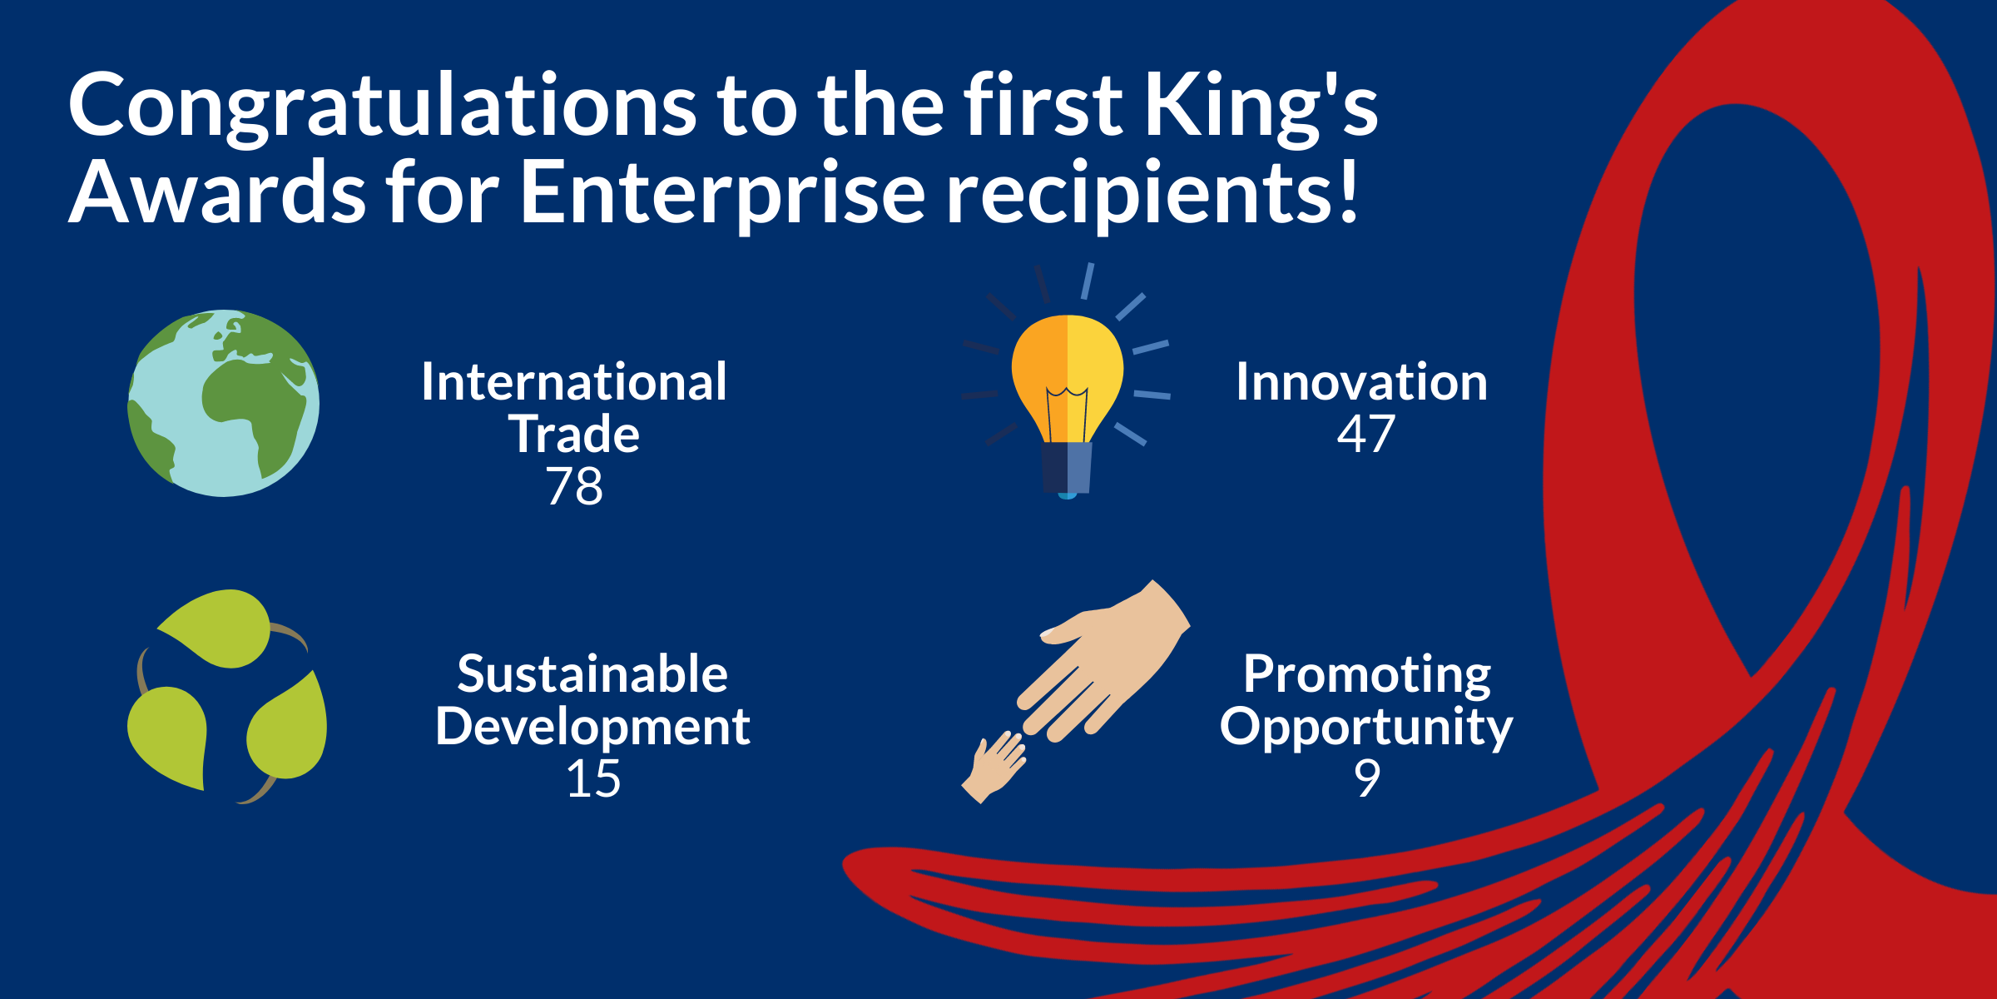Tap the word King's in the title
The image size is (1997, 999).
[1261, 107]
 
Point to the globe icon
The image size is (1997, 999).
[223, 403]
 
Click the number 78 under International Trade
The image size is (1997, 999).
[574, 486]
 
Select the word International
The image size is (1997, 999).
[574, 382]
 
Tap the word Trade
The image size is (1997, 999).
[574, 435]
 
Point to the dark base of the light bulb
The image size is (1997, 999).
[1067, 468]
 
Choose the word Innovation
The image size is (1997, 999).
[1361, 382]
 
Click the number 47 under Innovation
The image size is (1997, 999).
[1365, 435]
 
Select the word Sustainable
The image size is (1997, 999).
[592, 673]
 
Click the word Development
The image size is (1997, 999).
[592, 727]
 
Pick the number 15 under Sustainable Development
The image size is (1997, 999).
[593, 779]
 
